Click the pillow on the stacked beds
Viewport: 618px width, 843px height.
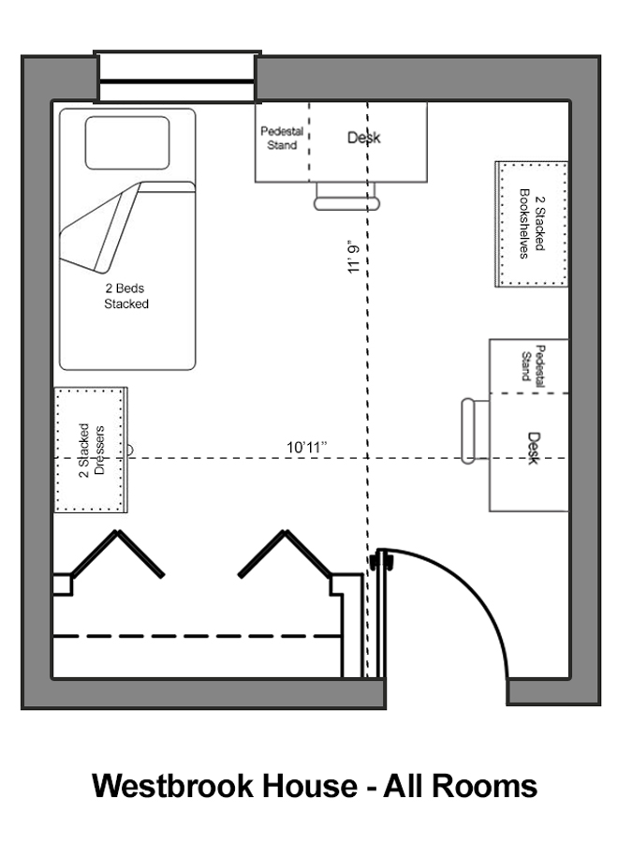coord(127,142)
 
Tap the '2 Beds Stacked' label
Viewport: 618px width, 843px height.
coord(126,296)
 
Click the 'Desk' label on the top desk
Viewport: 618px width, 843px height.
coord(364,138)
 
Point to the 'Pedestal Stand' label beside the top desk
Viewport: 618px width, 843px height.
coord(282,139)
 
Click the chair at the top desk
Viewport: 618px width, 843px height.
coord(346,197)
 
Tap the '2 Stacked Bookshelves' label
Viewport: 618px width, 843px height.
coord(532,223)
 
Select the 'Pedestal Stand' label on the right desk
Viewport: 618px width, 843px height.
coord(533,365)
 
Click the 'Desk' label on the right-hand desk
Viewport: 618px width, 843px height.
coord(533,448)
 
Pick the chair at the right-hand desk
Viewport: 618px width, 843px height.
coord(475,431)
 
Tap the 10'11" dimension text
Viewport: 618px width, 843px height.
coord(307,448)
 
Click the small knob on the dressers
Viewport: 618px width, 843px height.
coord(129,450)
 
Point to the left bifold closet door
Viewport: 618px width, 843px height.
coord(117,555)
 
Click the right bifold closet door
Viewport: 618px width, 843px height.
coord(285,555)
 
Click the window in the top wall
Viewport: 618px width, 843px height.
coord(177,77)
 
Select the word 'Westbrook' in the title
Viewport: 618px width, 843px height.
coord(173,786)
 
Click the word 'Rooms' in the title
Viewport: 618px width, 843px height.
coord(484,786)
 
